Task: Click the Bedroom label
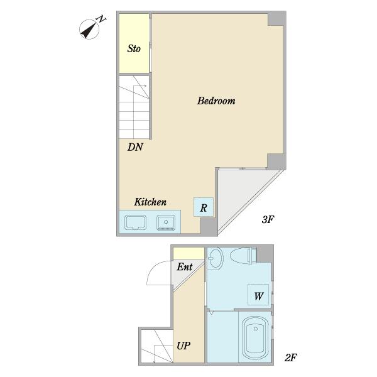coord(216,101)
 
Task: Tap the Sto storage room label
coord(134,49)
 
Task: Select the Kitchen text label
coord(150,202)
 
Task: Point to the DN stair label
coord(135,147)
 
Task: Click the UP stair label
coord(183,346)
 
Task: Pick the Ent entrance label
coord(185,266)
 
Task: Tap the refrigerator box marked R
coord(204,207)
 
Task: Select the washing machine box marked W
coord(258,295)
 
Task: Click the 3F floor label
coord(268,219)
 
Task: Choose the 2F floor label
coord(291,358)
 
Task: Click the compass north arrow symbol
coord(89,30)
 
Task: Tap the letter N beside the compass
coord(101,19)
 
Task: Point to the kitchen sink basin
coord(135,222)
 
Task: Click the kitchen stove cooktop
coord(166,222)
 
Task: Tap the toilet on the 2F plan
coord(243,256)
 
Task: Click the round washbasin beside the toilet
coord(215,258)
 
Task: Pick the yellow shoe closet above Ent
coord(188,253)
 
